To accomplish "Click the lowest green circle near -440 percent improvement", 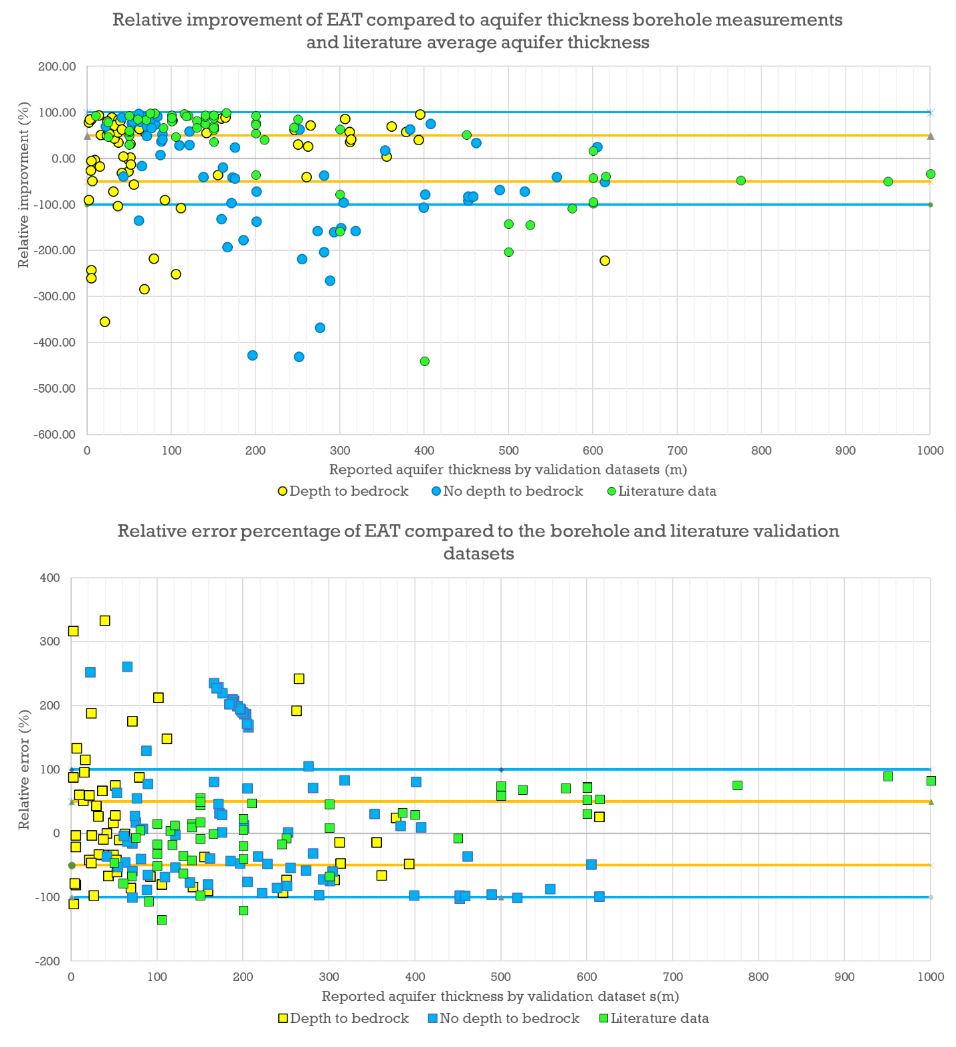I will [424, 361].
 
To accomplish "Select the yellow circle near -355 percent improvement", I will [104, 322].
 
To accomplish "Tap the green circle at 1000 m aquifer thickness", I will [930, 174].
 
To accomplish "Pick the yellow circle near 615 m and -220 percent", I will [605, 260].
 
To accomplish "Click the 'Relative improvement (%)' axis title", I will [24, 184].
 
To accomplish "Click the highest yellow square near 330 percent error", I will [105, 621].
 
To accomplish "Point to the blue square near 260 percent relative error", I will [127, 666].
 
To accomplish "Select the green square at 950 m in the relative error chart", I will [888, 776].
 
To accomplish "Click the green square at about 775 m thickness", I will [737, 785].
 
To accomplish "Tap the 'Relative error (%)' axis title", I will [24, 769].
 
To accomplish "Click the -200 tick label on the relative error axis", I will [47, 961].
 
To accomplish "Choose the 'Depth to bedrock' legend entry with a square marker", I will [343, 1018].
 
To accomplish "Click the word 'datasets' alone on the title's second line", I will [478, 553].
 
